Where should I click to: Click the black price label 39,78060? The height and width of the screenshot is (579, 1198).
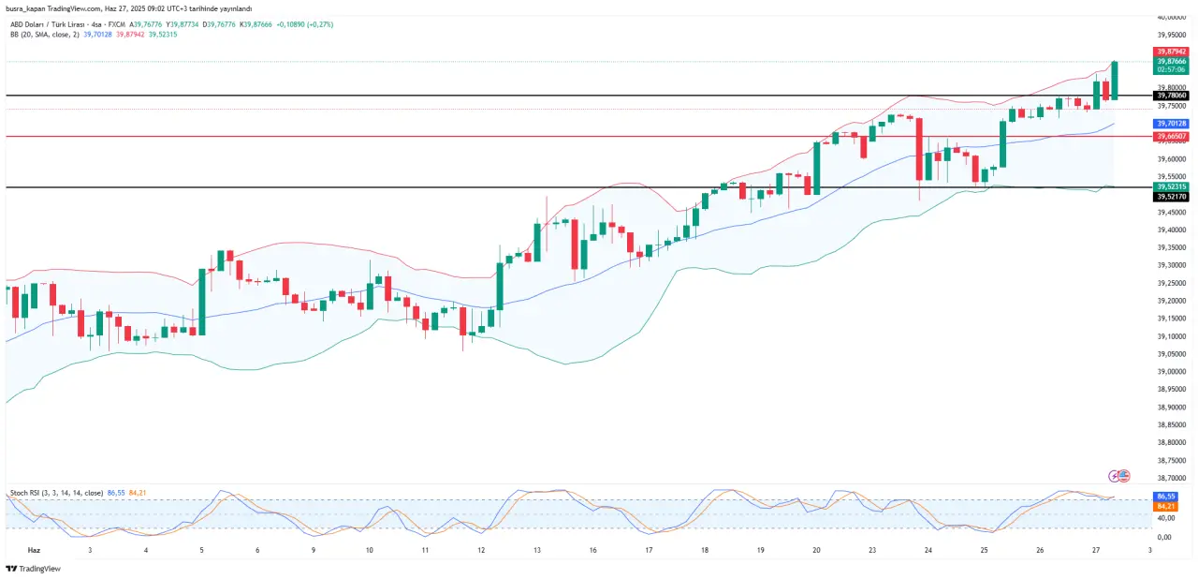(x=1172, y=96)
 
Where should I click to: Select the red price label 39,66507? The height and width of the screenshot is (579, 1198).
(x=1172, y=137)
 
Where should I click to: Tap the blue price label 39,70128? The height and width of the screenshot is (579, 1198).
(x=1172, y=124)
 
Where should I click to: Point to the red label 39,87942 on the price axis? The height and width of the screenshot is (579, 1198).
(x=1172, y=52)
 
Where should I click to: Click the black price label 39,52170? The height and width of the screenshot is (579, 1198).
(x=1172, y=197)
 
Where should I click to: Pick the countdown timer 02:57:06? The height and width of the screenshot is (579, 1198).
(x=1172, y=69)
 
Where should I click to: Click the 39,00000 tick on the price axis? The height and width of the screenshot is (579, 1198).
(x=1172, y=372)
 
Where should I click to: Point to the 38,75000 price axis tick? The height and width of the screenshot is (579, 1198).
(x=1172, y=460)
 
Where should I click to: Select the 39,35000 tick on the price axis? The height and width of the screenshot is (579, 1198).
(x=1172, y=248)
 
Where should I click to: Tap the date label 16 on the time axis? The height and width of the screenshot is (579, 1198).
(x=593, y=551)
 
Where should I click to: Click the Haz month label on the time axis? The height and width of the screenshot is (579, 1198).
(x=35, y=551)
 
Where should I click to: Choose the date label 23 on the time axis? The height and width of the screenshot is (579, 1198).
(x=872, y=551)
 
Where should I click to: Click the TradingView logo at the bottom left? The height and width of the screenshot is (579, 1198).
(x=33, y=569)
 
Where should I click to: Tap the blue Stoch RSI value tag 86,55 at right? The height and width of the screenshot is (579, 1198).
(x=1166, y=496)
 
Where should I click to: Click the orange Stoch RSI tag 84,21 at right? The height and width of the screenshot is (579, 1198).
(x=1166, y=506)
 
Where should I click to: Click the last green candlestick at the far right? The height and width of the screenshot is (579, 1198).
(x=1115, y=81)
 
